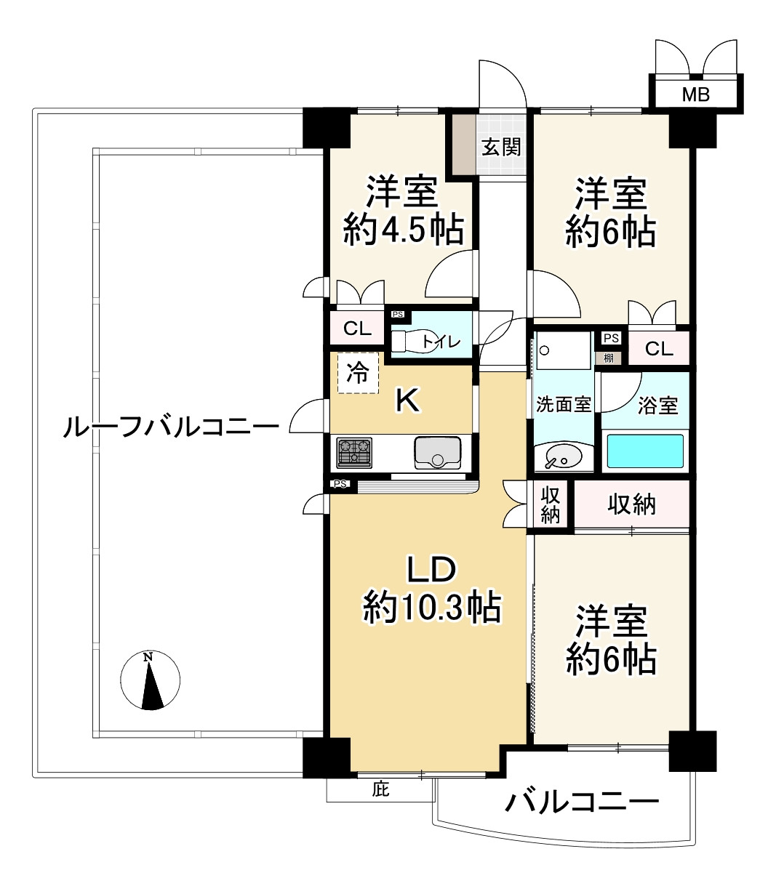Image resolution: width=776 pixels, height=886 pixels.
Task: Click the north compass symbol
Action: coord(150,680)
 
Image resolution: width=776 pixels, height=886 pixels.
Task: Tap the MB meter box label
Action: coord(696,94)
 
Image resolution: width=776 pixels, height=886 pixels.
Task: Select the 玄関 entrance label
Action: coord(501,148)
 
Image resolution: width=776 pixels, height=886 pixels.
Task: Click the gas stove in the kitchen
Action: coord(354,453)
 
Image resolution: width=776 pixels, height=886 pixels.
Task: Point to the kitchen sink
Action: coord(437,453)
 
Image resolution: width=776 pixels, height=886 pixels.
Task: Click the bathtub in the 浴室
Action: coord(645,451)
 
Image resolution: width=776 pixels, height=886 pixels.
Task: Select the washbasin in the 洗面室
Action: coord(562,457)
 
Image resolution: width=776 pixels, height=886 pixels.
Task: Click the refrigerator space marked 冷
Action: coord(358,373)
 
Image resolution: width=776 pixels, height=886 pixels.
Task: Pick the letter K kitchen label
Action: coord(407,401)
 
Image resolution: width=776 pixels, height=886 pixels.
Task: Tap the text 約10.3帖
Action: coord(431,608)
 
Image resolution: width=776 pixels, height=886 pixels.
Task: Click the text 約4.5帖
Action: coord(404,230)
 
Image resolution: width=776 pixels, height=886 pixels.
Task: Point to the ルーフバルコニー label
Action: coord(172,427)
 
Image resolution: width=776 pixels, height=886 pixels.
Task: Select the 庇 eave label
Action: coord(380,790)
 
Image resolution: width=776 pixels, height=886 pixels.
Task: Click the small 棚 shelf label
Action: coord(609,358)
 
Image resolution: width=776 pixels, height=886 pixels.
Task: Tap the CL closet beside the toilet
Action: coord(357,329)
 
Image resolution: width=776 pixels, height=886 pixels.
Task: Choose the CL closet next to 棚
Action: coord(659,348)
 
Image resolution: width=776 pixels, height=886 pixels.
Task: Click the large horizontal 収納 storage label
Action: coord(631,504)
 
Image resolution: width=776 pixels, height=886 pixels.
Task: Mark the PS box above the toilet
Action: coord(398,315)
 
